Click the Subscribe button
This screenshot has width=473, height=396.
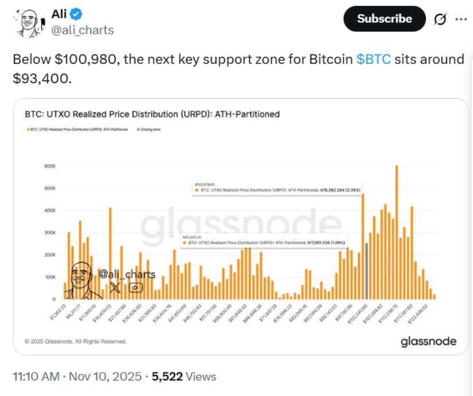tap(384, 19)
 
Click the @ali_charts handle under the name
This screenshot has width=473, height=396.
tap(83, 30)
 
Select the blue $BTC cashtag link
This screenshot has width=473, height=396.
tap(374, 60)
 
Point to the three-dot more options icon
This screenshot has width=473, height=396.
tap(460, 19)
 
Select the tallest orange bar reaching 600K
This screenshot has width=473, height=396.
tap(396, 230)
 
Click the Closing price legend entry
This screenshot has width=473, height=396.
tap(150, 130)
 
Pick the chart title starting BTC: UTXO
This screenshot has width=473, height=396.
tap(153, 114)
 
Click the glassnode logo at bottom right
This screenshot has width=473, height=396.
tap(428, 341)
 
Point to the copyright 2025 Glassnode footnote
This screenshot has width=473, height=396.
tap(76, 341)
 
